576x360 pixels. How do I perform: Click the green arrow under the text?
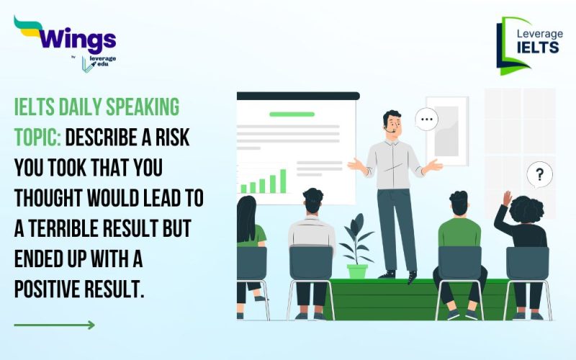(54, 325)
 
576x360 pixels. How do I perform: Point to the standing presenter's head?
(392, 123)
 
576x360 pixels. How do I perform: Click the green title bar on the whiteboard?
(292, 114)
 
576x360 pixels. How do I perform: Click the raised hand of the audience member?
(507, 198)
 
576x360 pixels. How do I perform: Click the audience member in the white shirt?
(312, 230)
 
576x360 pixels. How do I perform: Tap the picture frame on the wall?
(446, 130)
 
